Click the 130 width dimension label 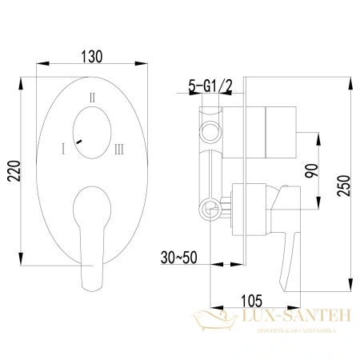click(93, 58)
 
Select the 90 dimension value click(313, 170)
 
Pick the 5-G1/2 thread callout click(210, 86)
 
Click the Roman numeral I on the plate click(61, 148)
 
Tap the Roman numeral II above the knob click(94, 97)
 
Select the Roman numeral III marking click(118, 148)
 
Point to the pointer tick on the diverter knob click(78, 141)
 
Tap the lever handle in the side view click(283, 240)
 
